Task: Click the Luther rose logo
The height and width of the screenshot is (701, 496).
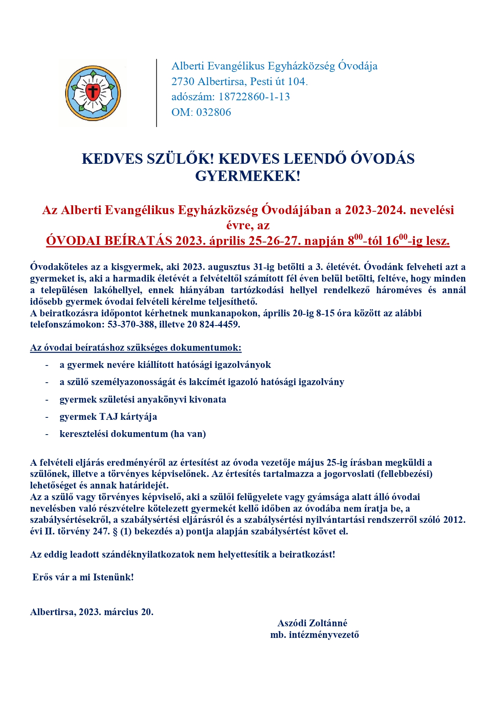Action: pyautogui.click(x=93, y=93)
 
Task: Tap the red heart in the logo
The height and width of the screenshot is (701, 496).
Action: pyautogui.click(x=93, y=92)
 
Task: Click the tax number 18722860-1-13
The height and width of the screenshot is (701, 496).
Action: pyautogui.click(x=254, y=97)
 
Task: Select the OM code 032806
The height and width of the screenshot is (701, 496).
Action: pyautogui.click(x=213, y=112)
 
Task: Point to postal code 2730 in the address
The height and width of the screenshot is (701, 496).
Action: pyautogui.click(x=183, y=81)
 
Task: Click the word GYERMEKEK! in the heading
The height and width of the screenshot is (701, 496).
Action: pyautogui.click(x=248, y=176)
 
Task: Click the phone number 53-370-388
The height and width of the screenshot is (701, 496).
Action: pyautogui.click(x=131, y=324)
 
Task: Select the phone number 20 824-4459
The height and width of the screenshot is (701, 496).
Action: pyautogui.click(x=213, y=324)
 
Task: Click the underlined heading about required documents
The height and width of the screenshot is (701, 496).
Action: pyautogui.click(x=135, y=348)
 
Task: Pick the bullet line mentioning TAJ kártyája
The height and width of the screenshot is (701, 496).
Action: pyautogui.click(x=108, y=417)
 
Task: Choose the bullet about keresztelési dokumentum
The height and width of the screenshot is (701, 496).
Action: pyautogui.click(x=132, y=434)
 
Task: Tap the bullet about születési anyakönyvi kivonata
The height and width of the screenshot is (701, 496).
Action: pyautogui.click(x=143, y=399)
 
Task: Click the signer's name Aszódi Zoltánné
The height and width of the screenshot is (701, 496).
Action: pyautogui.click(x=312, y=623)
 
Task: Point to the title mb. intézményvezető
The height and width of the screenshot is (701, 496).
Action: pyautogui.click(x=315, y=635)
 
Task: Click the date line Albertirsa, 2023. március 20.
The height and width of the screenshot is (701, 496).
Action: pyautogui.click(x=92, y=612)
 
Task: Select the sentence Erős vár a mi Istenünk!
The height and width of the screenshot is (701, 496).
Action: pyautogui.click(x=83, y=577)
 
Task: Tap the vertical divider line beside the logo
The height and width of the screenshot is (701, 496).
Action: pyautogui.click(x=157, y=93)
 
